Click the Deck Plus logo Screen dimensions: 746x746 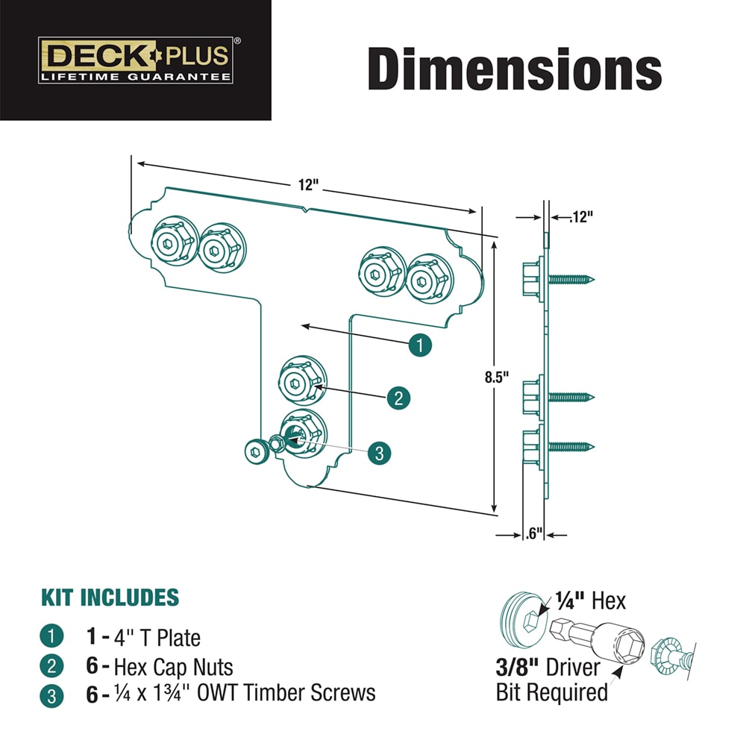136,60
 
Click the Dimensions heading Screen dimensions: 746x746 515,69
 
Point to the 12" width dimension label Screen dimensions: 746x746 308,184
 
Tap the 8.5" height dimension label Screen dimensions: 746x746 497,377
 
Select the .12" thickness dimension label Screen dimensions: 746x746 581,217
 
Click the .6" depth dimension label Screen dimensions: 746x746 534,533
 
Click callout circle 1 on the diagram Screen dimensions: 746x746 420,345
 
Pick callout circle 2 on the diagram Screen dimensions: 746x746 398,398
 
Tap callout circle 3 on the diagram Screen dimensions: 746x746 379,453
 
